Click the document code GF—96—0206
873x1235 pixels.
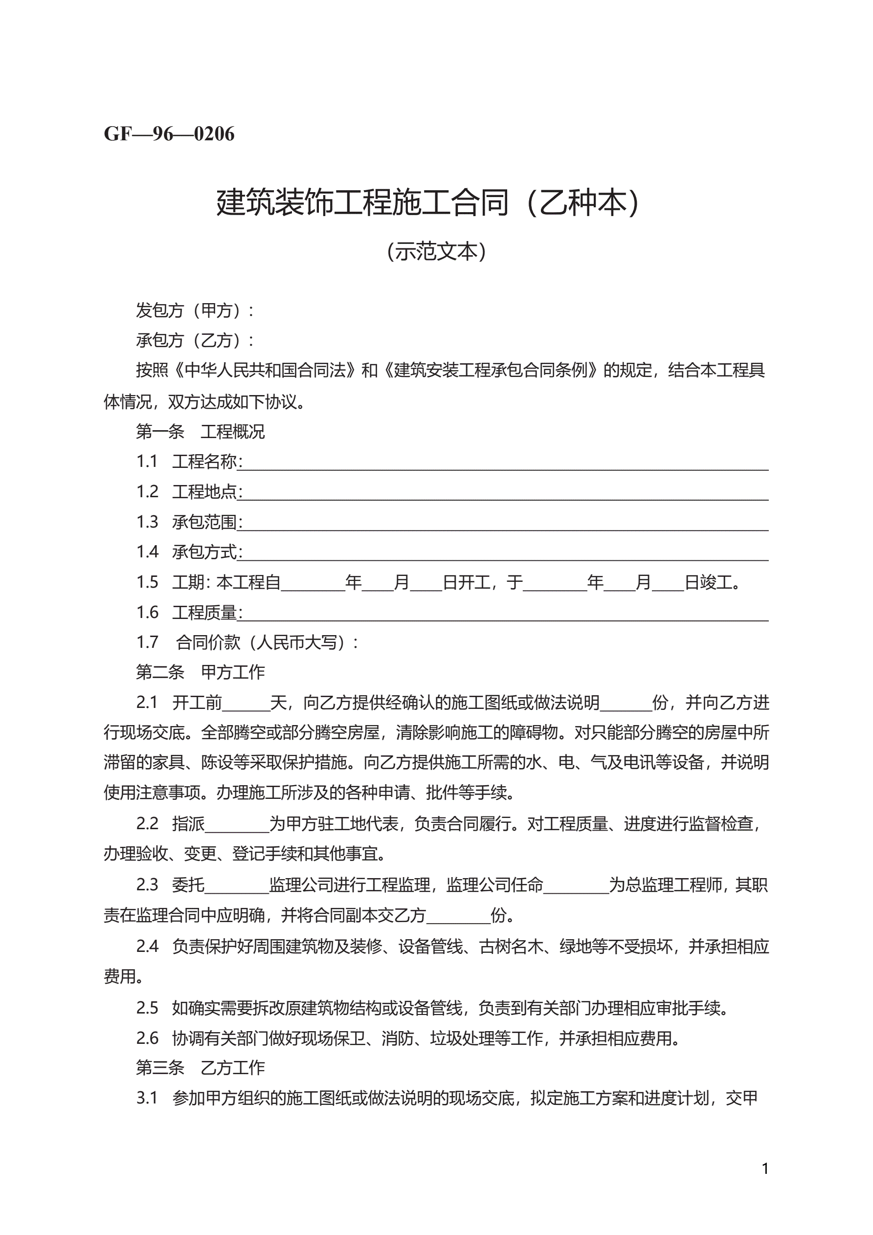pos(169,134)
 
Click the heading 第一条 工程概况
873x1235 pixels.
pos(200,431)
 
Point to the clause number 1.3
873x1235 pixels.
pos(147,522)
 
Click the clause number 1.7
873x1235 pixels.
pos(147,642)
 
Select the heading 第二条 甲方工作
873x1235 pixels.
pos(200,672)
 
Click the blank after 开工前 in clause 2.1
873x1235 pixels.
pos(246,705)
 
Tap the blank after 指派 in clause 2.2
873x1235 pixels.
pos(237,826)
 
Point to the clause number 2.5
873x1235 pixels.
pos(147,1008)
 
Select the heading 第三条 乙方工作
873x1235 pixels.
pos(200,1068)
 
